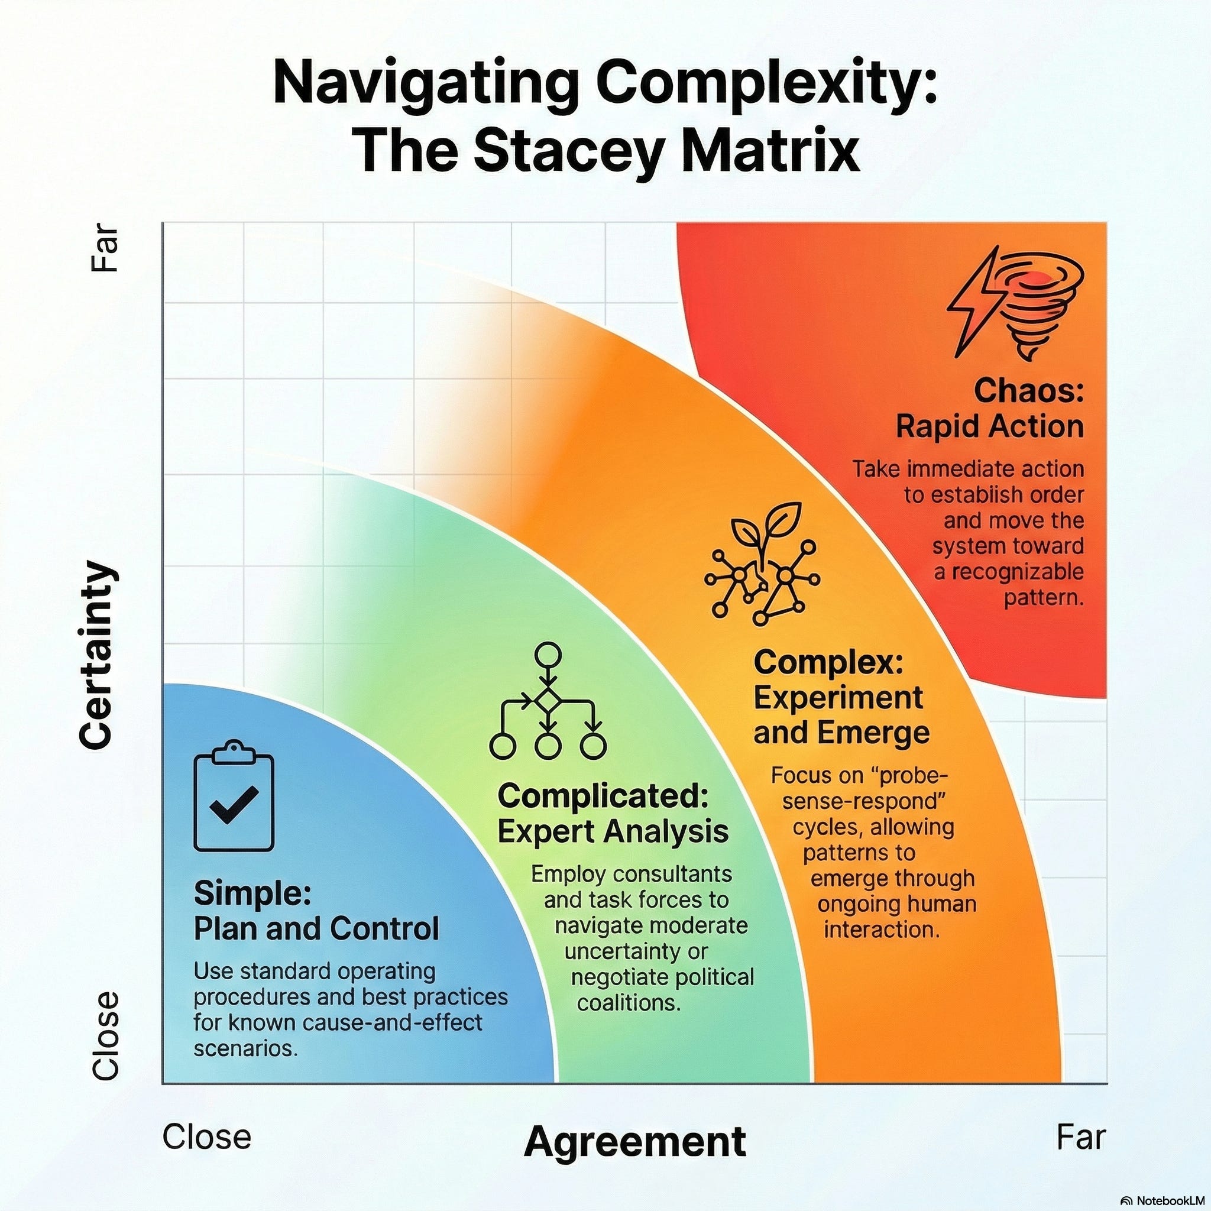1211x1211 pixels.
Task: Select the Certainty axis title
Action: coord(98,655)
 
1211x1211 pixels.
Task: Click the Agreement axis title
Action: coord(634,1141)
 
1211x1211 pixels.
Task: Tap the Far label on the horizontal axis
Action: coord(1082,1136)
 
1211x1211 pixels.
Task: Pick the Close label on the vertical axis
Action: coord(105,1044)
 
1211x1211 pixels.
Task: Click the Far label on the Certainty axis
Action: coord(105,248)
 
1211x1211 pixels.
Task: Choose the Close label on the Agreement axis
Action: coord(207,1136)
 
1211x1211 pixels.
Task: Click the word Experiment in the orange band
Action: coord(838,697)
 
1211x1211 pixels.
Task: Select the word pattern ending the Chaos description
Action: coord(1044,598)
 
